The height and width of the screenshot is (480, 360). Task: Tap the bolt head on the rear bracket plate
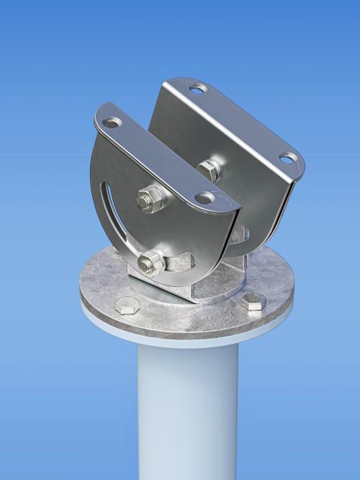(209, 170)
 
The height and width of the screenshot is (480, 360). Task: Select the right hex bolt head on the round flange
(253, 301)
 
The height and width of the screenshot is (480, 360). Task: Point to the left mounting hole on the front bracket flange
(112, 123)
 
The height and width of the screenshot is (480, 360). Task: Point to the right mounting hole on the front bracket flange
(205, 197)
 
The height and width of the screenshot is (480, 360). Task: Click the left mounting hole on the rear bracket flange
(197, 89)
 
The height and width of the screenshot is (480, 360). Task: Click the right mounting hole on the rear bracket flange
(287, 158)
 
